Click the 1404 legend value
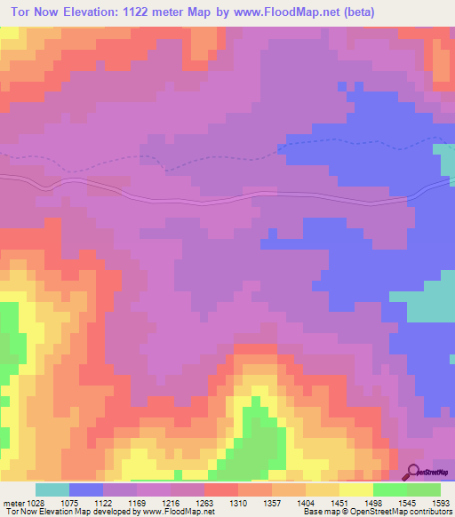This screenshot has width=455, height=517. tap(323, 502)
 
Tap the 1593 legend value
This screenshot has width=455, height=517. tap(441, 502)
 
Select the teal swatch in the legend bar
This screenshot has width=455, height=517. tap(52, 489)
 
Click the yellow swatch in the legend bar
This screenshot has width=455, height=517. tap(355, 489)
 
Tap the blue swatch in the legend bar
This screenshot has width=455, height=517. tap(86, 489)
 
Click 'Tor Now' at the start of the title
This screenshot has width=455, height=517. tap(35, 12)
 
